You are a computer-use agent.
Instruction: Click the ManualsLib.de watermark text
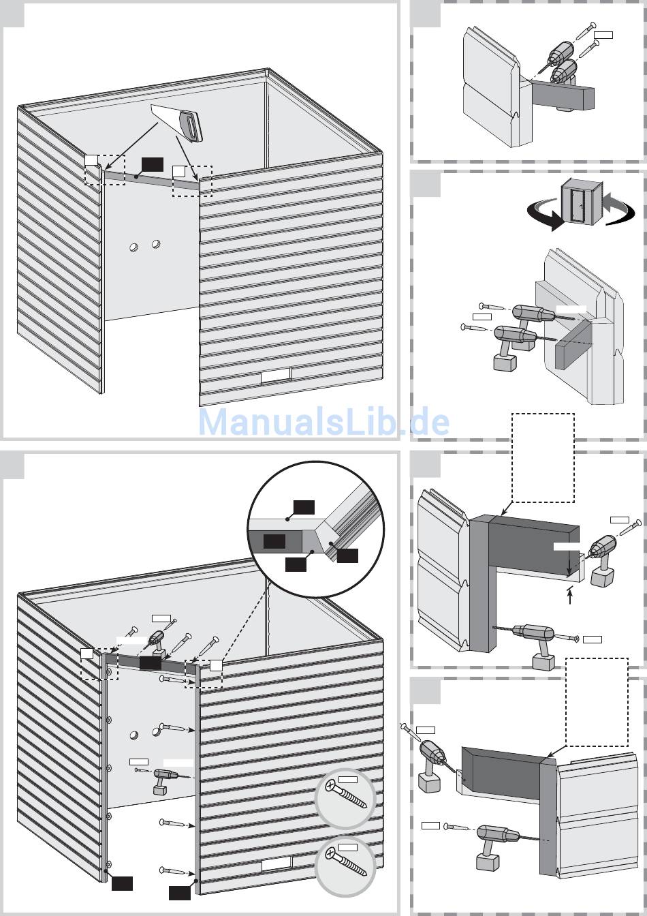point(323,422)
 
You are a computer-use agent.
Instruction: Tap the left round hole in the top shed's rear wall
point(133,247)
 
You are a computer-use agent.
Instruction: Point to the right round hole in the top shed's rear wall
point(155,244)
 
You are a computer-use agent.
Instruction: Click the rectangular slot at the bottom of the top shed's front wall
point(277,376)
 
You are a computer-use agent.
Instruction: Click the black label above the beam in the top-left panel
point(153,164)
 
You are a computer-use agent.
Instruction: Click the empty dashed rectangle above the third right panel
point(543,457)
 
